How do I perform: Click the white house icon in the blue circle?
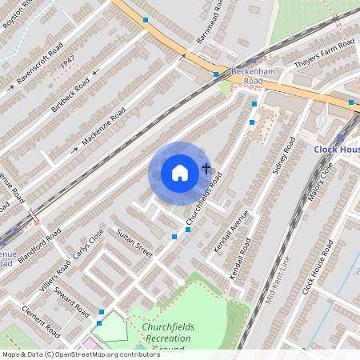click(x=180, y=173)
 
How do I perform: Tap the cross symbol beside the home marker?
click(x=206, y=169)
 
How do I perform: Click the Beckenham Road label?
click(x=242, y=76)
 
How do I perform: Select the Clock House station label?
click(x=336, y=149)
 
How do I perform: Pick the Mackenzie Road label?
click(x=104, y=128)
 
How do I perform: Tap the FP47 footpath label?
click(x=70, y=60)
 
